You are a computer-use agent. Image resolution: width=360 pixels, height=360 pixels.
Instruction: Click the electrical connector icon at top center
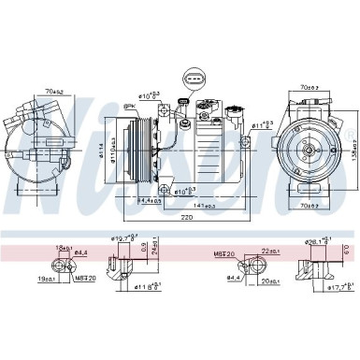coord(193,79)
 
